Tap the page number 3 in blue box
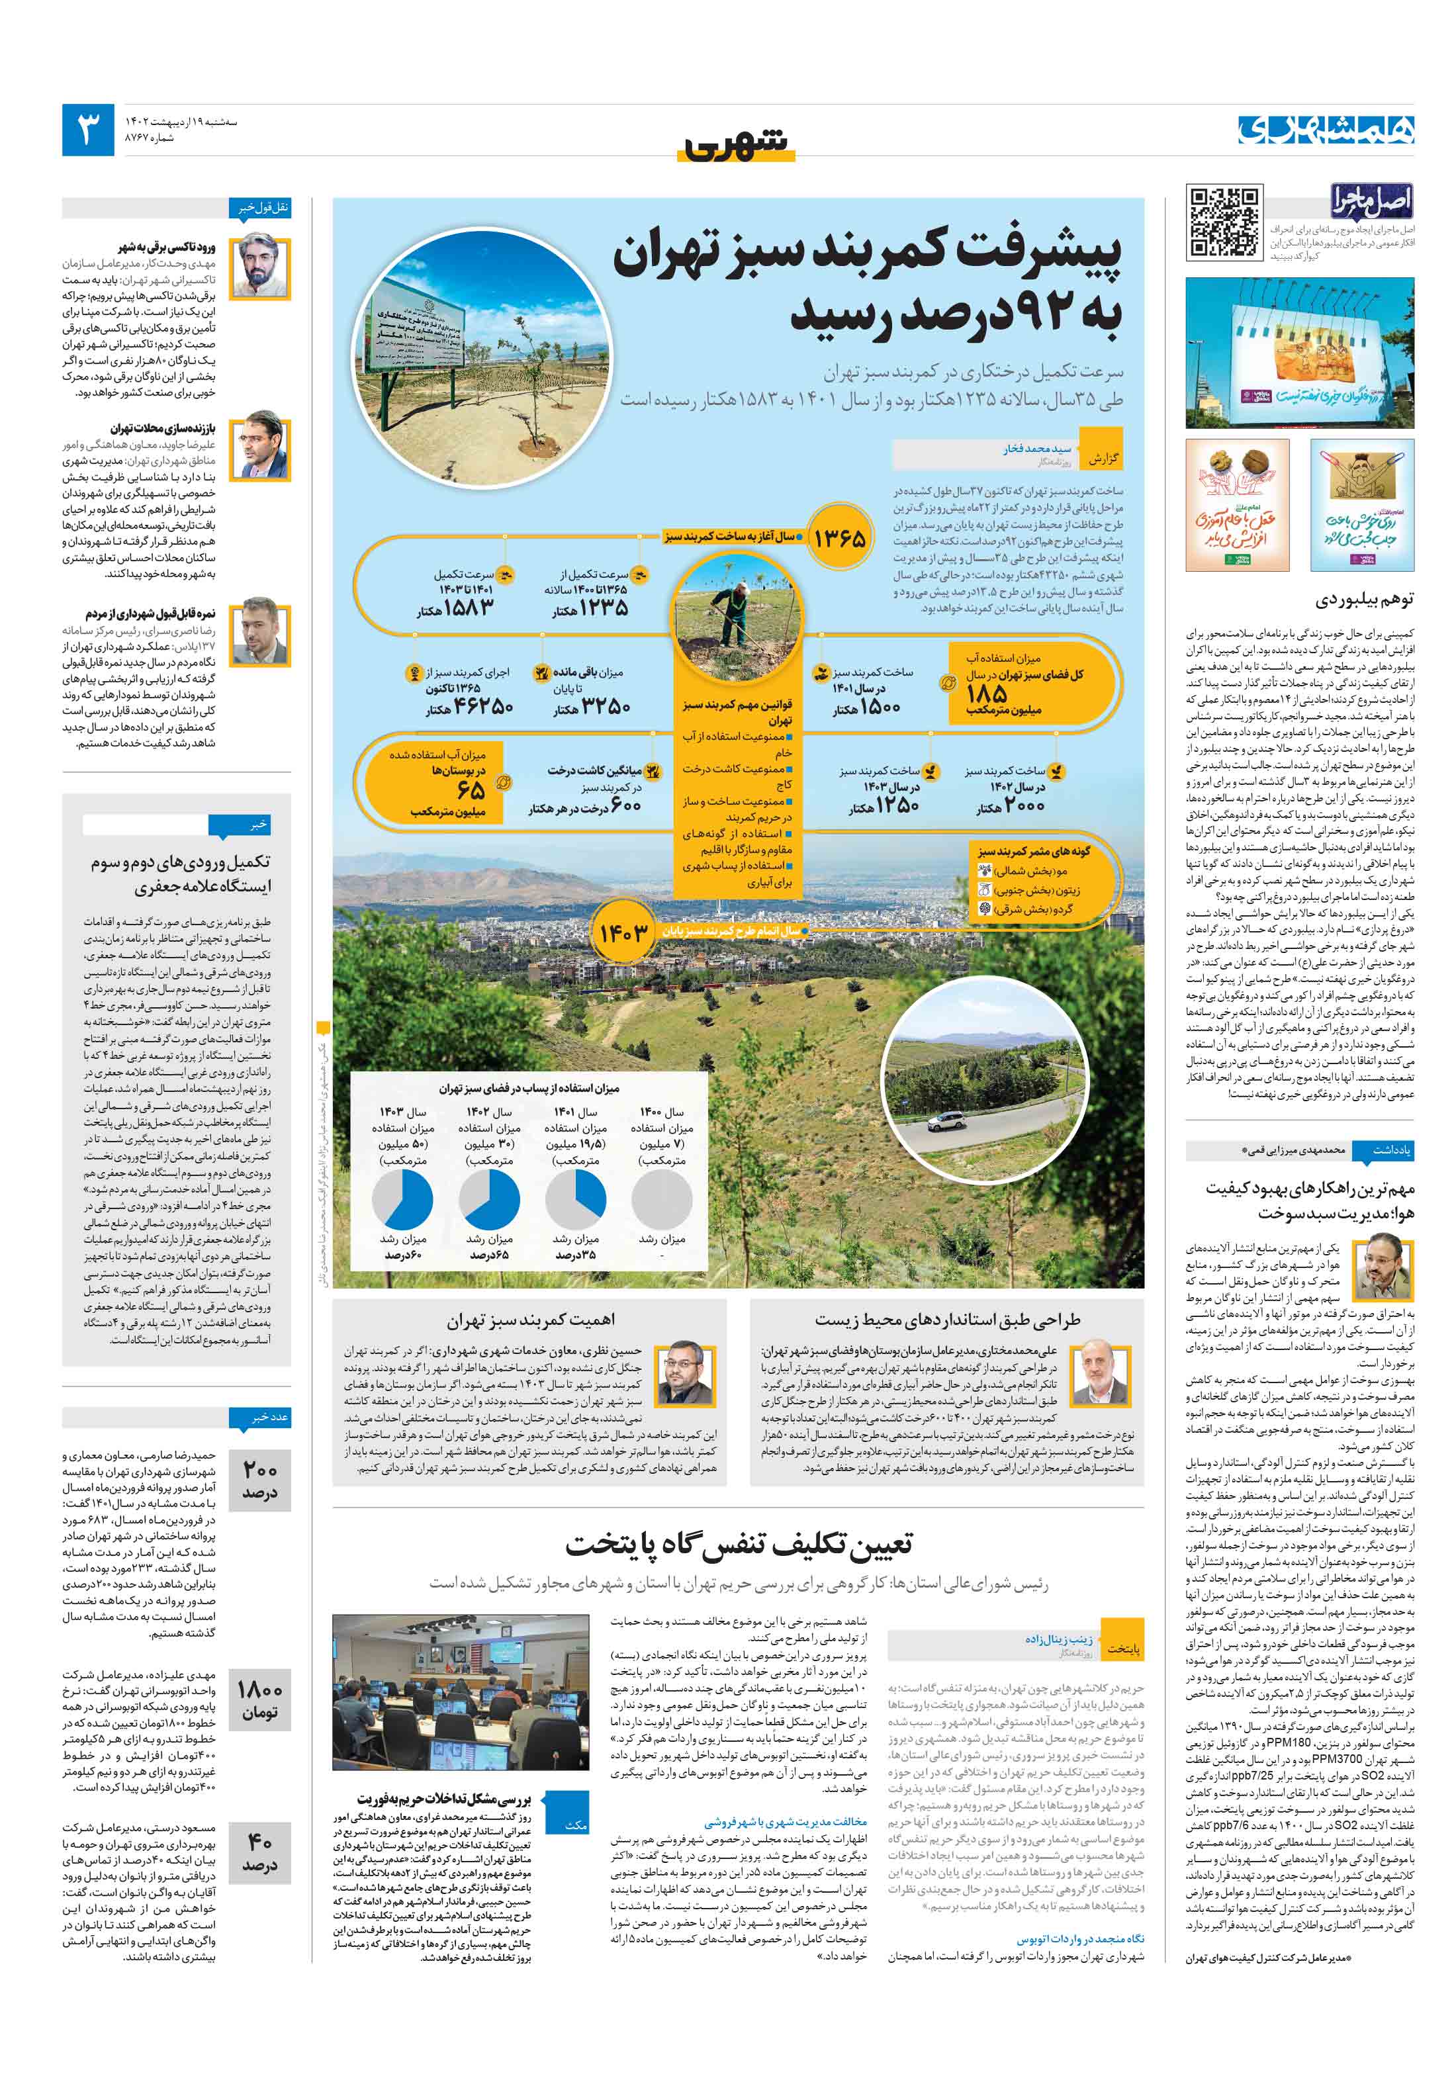click(x=88, y=130)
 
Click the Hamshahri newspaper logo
click(x=1326, y=130)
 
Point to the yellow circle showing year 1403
click(x=623, y=932)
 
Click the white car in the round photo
click(x=951, y=1122)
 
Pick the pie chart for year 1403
click(x=402, y=1199)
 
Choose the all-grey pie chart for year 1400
click(x=661, y=1199)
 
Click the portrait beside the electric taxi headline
click(x=259, y=267)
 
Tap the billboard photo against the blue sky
click(x=1298, y=353)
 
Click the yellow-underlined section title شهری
click(x=736, y=147)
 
